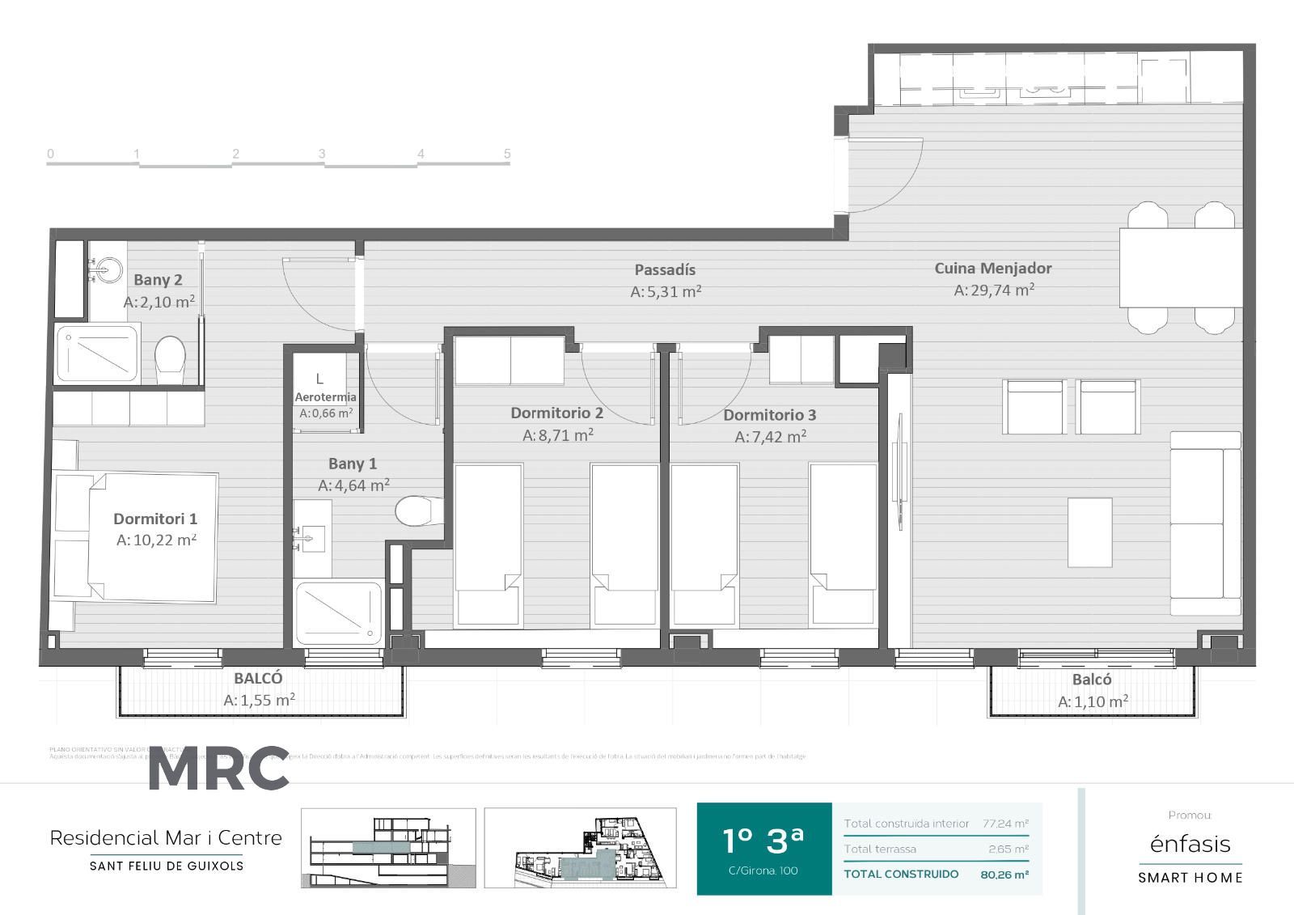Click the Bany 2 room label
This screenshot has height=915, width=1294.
pos(158,280)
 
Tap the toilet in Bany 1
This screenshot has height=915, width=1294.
pos(417,510)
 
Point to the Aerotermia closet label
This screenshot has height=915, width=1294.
pos(325,397)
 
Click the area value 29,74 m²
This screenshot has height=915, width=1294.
pos(994,290)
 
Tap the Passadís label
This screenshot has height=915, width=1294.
pos(665,269)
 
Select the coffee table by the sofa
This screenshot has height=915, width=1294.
pos(1090,532)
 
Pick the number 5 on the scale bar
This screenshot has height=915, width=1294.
pos(507,154)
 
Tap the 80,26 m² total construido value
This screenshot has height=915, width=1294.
pos(1004,875)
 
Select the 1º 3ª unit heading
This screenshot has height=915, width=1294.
pos(763,841)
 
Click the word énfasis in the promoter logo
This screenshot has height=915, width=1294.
pos(1190,845)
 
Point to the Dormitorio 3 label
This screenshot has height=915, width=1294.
pos(769,415)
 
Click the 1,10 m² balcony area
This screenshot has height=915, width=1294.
pos(1093,702)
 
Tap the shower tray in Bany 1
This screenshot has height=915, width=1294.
pos(338,612)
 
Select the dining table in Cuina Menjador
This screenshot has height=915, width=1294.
pos(1181,268)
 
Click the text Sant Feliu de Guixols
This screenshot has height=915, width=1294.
pos(167,866)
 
